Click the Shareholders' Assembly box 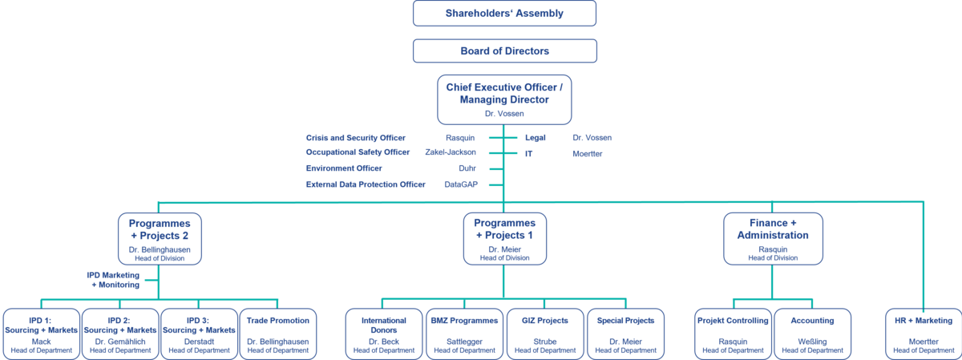504,14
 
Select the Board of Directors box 504,51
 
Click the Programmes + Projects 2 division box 160,238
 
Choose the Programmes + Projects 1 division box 504,238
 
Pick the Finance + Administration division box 773,238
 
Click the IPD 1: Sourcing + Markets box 42,333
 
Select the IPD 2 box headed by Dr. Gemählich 120,333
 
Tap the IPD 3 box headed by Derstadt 199,333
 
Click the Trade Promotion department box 278,333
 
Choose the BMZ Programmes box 463,333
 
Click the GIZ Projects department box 545,333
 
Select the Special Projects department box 625,333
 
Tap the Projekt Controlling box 733,333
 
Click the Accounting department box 813,333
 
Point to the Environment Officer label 344,168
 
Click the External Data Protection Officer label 366,184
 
